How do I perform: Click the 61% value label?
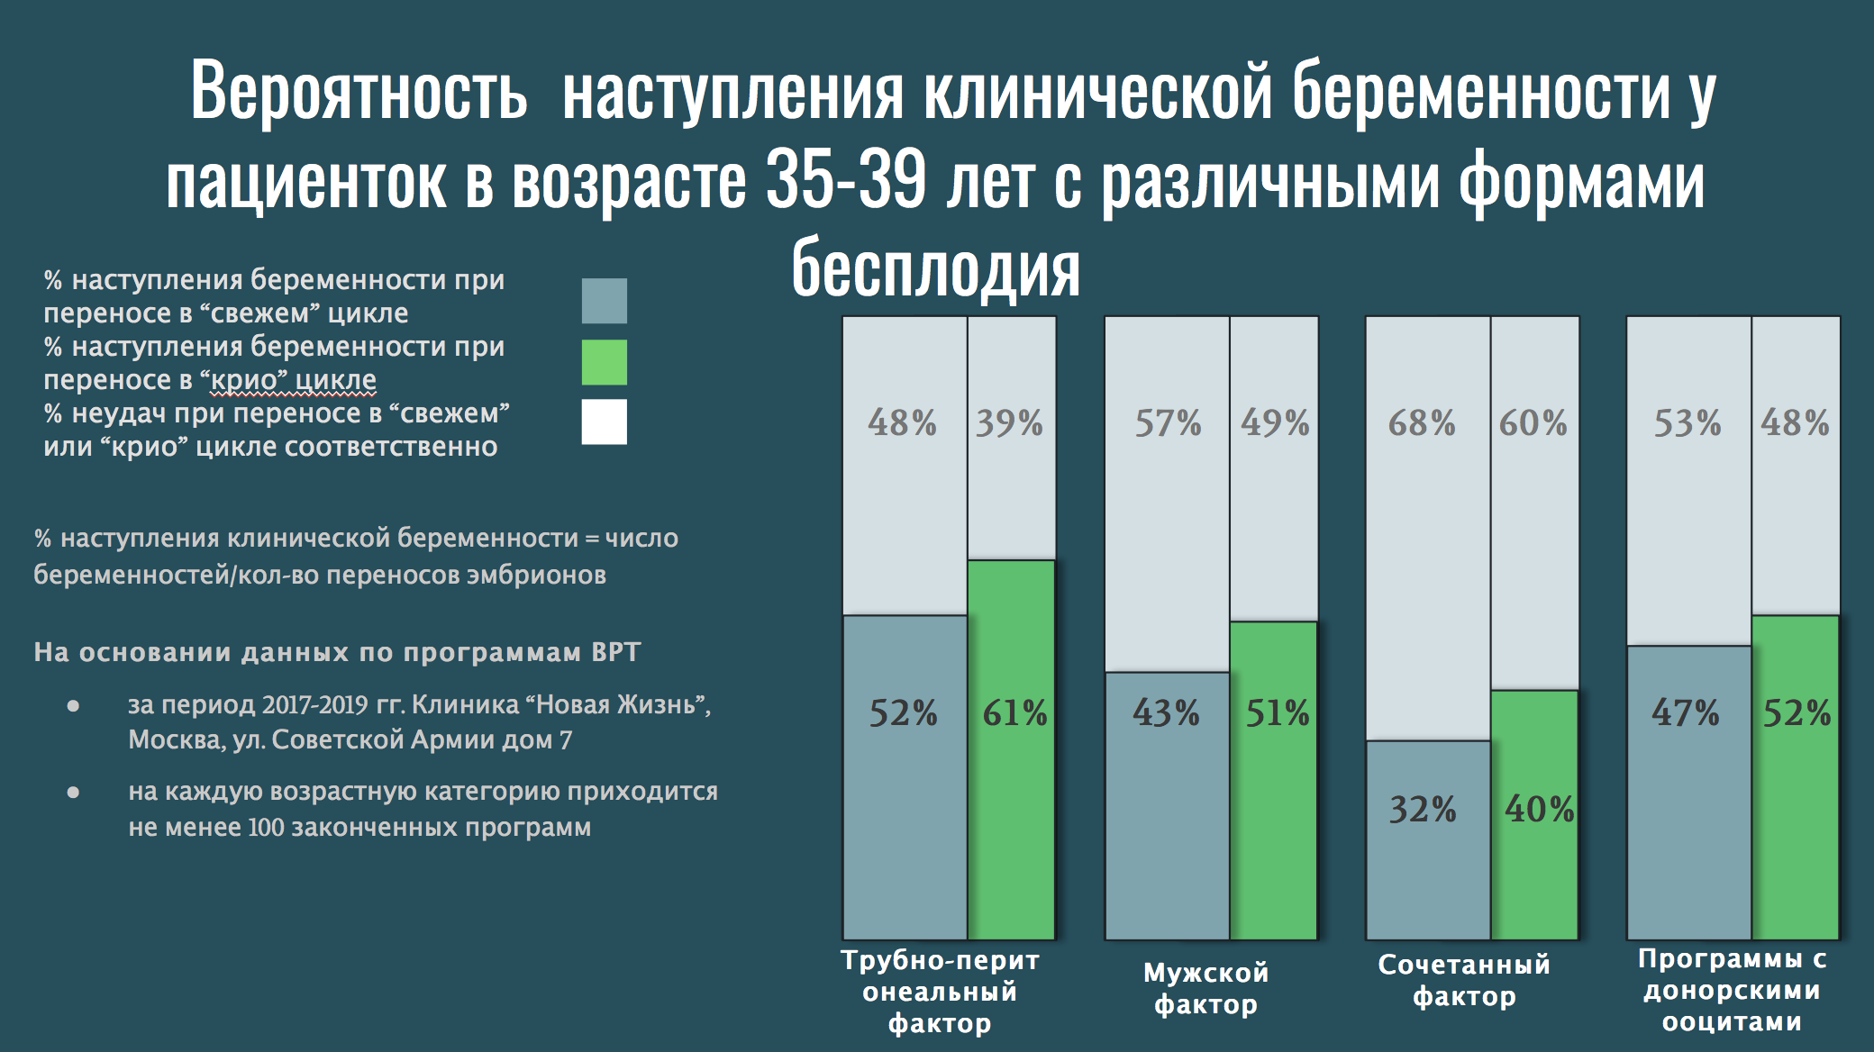pos(1014,713)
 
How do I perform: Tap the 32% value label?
pos(1423,809)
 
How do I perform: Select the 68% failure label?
pos(1422,422)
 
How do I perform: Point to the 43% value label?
pos(1166,713)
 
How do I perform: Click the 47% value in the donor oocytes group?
pos(1685,713)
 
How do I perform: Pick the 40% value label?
pos(1540,809)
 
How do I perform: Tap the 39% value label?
pos(1009,422)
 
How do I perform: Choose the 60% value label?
pos(1533,422)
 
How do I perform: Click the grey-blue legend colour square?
pos(604,301)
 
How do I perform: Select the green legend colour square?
pos(604,362)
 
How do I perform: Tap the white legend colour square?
pos(604,422)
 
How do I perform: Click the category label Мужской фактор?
pos(1205,988)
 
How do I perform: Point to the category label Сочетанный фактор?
pos(1464,980)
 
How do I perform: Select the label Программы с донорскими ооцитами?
pos(1732,990)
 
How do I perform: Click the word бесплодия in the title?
pos(935,268)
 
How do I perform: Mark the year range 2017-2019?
pos(315,704)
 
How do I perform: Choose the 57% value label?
pos(1168,422)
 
